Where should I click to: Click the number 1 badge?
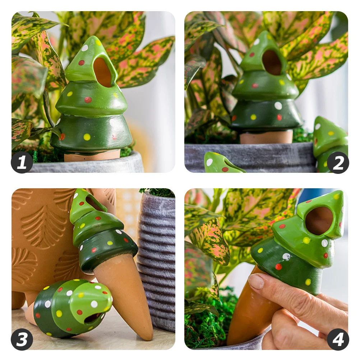pyautogui.click(x=22, y=162)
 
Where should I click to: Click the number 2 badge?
pyautogui.click(x=338, y=162)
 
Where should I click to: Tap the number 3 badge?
pyautogui.click(x=22, y=340)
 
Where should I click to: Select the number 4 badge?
pyautogui.click(x=338, y=340)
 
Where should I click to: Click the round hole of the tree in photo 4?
pyautogui.click(x=319, y=220)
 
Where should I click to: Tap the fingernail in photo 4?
pyautogui.click(x=256, y=281)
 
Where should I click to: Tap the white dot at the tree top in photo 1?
pyautogui.click(x=85, y=48)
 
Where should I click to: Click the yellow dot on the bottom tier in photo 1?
pyautogui.click(x=87, y=137)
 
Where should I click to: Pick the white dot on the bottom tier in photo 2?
pyautogui.click(x=278, y=106)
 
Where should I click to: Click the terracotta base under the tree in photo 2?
pyautogui.click(x=266, y=137)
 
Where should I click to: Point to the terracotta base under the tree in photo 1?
pyautogui.click(x=92, y=156)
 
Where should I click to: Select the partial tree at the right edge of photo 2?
pyautogui.click(x=331, y=144)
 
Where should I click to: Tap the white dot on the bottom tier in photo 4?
pyautogui.click(x=286, y=257)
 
